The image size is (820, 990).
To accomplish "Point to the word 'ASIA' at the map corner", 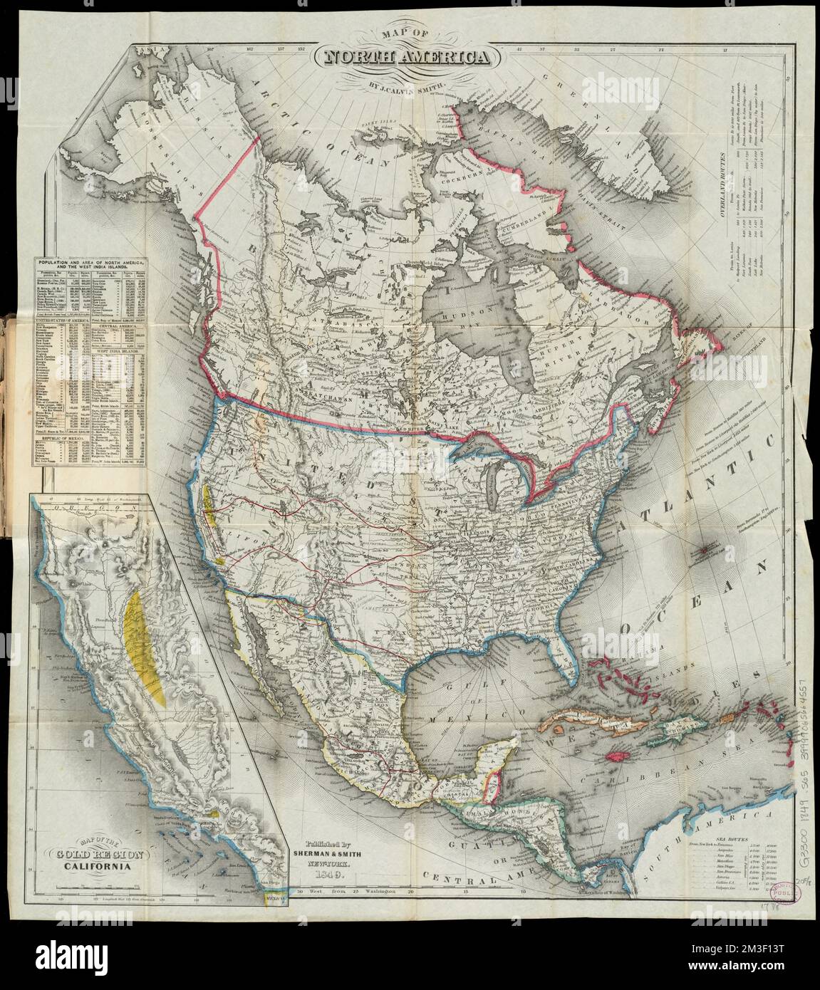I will (147, 50).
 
